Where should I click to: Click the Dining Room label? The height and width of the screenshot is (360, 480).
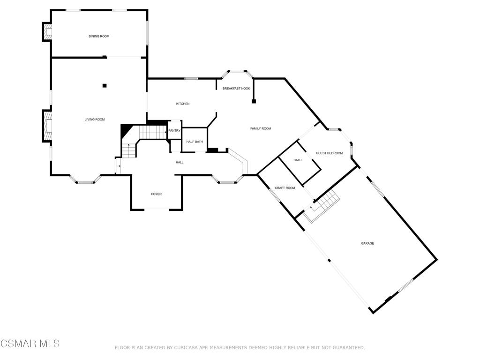coord(99,36)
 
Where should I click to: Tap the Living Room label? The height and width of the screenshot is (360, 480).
coord(94,120)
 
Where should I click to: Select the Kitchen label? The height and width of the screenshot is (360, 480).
coord(183,104)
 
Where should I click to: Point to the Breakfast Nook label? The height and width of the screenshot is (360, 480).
coord(236,88)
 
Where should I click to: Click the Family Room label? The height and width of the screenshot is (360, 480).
coord(261,128)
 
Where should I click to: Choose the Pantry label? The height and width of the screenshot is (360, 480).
coord(174,131)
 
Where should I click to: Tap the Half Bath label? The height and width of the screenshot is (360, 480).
coord(194,142)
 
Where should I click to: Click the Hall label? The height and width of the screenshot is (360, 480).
coord(180,162)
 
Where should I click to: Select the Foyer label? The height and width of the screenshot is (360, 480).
coord(156,194)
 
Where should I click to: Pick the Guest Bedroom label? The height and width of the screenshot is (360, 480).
coord(329,153)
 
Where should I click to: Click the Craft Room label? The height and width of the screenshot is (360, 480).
coord(285,188)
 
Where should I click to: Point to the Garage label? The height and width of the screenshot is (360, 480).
coord(367,243)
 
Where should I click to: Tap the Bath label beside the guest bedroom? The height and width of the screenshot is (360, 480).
coord(298,160)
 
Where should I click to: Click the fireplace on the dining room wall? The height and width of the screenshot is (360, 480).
coord(47,32)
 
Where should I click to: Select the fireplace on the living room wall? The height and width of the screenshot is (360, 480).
coord(47,126)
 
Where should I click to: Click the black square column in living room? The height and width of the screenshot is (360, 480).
coord(105,85)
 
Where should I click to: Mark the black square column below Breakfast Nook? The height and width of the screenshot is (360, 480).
coord(254,101)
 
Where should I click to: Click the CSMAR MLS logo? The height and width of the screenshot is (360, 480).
coord(30,344)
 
